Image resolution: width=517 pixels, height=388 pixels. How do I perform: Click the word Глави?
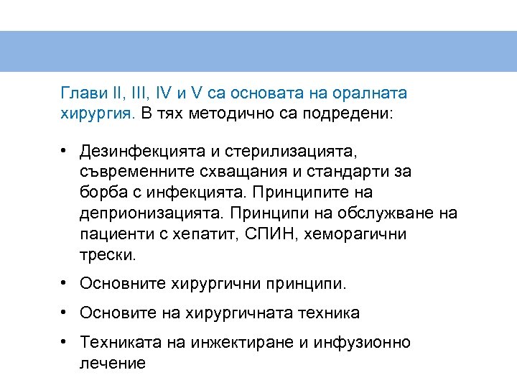80,93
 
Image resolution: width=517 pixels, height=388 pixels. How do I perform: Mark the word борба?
101,193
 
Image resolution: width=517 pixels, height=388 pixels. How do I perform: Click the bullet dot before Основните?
65,283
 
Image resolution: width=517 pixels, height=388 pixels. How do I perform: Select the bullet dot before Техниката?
65,342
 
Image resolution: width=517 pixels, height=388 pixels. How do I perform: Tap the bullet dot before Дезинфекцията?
65,152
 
